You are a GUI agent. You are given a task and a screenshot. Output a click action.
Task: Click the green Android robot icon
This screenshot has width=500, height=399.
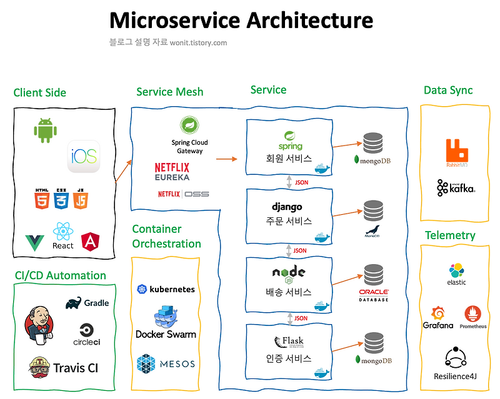(x=45, y=131)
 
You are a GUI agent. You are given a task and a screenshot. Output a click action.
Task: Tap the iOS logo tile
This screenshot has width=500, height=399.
(x=83, y=156)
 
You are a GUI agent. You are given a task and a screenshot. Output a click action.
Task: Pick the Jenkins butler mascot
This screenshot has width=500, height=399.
(x=39, y=325)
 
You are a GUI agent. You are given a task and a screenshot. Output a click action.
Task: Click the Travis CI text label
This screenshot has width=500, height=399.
(x=76, y=368)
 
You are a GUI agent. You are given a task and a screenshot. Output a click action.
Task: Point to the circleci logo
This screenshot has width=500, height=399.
(x=87, y=335)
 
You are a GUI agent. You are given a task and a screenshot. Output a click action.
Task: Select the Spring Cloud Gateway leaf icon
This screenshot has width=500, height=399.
(x=189, y=125)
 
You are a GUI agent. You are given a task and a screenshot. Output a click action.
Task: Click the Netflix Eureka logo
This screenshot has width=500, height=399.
(x=172, y=172)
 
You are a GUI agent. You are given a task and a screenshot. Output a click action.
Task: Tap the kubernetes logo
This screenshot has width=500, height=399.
(x=166, y=289)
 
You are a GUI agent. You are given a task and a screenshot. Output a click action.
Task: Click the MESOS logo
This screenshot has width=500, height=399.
(x=166, y=363)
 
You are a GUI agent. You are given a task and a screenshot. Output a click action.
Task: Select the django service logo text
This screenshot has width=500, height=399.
(x=287, y=207)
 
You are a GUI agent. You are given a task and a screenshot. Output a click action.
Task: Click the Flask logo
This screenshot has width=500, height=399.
(x=289, y=342)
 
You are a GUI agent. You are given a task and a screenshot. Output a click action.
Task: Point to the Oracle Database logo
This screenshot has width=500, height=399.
(x=374, y=295)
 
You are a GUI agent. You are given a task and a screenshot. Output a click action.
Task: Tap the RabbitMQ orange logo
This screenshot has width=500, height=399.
(x=457, y=153)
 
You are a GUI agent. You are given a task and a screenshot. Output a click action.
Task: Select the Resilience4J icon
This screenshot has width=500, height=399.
(x=456, y=358)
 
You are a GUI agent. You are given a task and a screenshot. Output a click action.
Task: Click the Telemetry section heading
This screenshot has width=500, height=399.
(x=450, y=235)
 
